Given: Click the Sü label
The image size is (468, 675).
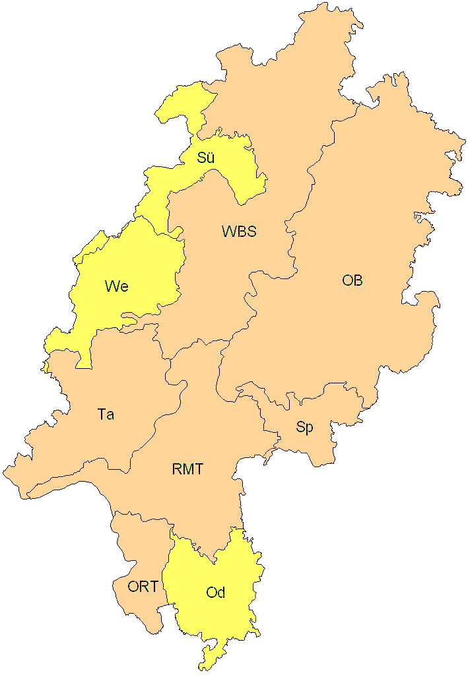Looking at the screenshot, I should pyautogui.click(x=205, y=158).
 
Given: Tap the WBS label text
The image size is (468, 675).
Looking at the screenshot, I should pyautogui.click(x=239, y=232).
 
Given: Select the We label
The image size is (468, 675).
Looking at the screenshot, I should pyautogui.click(x=116, y=286).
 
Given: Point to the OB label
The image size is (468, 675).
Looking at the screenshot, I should pyautogui.click(x=352, y=280).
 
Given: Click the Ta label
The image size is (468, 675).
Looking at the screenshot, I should pyautogui.click(x=106, y=414).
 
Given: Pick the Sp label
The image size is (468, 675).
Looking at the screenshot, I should pyautogui.click(x=304, y=428).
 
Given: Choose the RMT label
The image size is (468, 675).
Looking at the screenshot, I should pyautogui.click(x=187, y=470).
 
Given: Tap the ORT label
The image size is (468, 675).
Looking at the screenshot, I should pyautogui.click(x=143, y=586).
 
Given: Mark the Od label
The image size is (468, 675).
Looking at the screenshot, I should pyautogui.click(x=216, y=593).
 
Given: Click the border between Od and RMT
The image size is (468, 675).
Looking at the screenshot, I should pyautogui.click(x=198, y=548).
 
